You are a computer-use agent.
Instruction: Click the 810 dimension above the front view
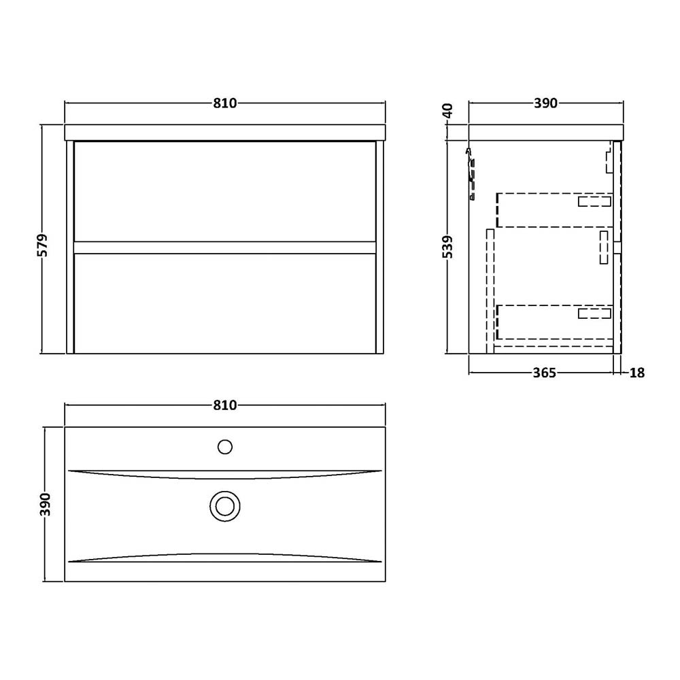pyautogui.click(x=224, y=103)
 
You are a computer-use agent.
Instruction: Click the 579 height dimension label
pyautogui.click(x=44, y=245)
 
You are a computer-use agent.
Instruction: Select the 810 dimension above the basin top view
pyautogui.click(x=224, y=405)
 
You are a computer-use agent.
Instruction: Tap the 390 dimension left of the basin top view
pyautogui.click(x=45, y=504)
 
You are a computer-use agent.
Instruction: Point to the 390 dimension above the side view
pyautogui.click(x=545, y=103)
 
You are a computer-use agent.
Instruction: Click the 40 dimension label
pyautogui.click(x=447, y=111)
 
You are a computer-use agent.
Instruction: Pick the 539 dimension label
pyautogui.click(x=447, y=247)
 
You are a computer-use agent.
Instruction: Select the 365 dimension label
pyautogui.click(x=544, y=373)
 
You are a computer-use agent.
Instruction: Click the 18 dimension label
pyautogui.click(x=636, y=373)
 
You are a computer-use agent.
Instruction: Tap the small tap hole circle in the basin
pyautogui.click(x=225, y=447)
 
